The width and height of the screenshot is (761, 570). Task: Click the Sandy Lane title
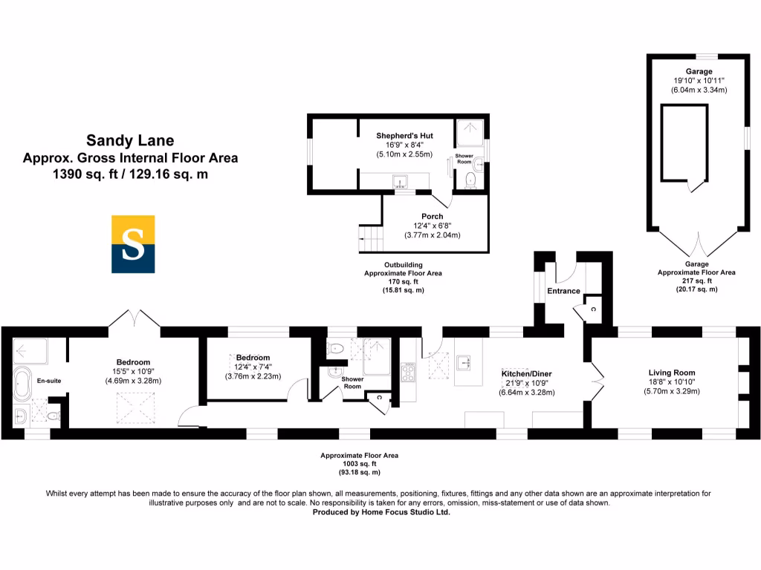(130, 140)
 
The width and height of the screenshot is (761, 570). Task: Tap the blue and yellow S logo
(133, 245)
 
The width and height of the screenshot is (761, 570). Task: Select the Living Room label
(671, 373)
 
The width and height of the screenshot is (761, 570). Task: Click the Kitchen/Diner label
(526, 373)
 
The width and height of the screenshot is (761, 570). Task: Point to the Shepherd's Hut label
(404, 136)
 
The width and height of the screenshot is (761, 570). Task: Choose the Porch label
(432, 217)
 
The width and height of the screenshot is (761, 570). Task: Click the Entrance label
(563, 291)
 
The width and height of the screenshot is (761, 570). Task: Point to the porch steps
(369, 238)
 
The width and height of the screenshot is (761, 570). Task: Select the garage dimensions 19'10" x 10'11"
(699, 81)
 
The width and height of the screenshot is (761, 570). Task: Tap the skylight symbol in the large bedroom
(134, 406)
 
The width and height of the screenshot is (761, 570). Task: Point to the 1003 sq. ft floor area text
(360, 464)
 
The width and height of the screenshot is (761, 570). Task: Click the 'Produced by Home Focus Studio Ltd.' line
(380, 511)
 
